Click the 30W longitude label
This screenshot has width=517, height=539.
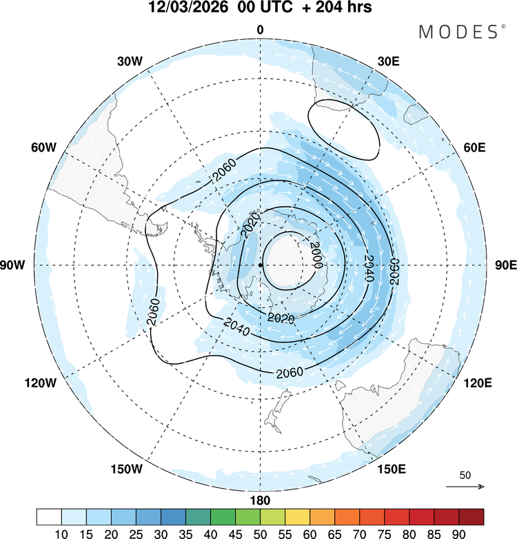tap(130, 61)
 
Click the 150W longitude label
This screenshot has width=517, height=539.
tap(126, 469)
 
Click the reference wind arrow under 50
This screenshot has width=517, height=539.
tap(466, 487)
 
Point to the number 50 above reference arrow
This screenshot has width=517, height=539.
tap(465, 476)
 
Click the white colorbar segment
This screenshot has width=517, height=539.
tap(50, 516)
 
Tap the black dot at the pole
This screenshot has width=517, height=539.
tap(261, 265)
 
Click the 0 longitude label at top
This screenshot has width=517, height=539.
tap(261, 29)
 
